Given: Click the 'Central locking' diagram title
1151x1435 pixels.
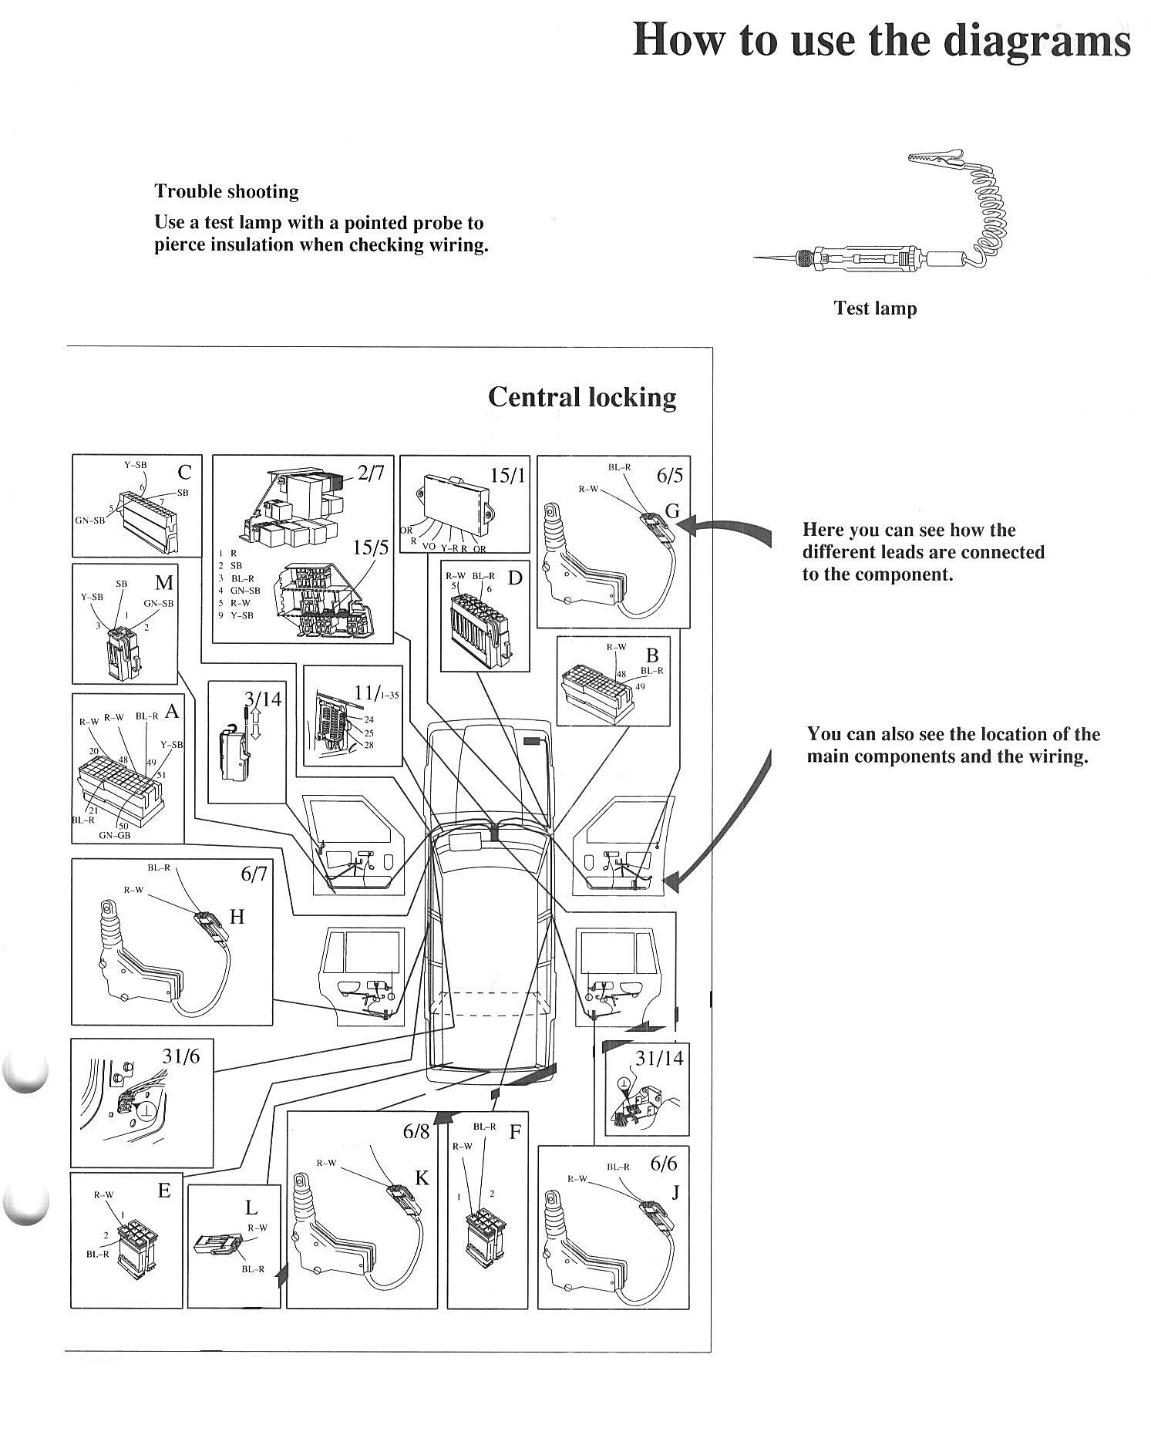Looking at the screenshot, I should (582, 397).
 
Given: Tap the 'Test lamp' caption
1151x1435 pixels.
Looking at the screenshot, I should (875, 308).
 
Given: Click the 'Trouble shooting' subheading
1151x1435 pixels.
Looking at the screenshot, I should (227, 191).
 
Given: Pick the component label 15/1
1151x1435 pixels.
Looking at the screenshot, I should (507, 475).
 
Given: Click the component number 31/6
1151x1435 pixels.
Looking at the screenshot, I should (181, 1056).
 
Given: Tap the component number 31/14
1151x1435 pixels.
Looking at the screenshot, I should (659, 1058).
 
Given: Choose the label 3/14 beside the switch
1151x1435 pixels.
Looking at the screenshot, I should (263, 699).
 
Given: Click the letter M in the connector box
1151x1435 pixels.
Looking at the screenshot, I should (164, 582).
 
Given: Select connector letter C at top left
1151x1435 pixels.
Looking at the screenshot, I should (184, 471).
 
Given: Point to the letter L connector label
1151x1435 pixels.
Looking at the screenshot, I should (251, 1208).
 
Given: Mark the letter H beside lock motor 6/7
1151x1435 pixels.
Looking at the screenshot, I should (237, 916).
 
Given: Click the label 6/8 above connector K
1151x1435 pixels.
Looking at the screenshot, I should (416, 1131).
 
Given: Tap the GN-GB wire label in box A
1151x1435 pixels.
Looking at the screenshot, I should (115, 835).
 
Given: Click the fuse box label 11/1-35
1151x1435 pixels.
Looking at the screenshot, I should (376, 692).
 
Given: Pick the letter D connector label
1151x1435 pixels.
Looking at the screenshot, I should (514, 578).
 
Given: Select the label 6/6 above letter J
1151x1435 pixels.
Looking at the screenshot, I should (663, 1164).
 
